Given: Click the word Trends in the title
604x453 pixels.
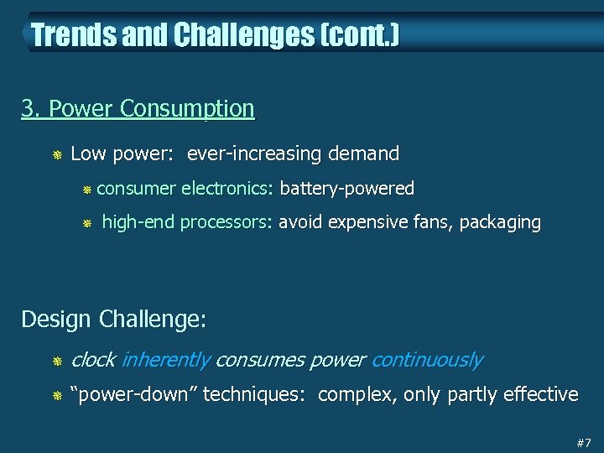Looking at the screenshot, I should pyautogui.click(x=66, y=35).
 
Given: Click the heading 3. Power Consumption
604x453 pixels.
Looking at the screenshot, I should pyautogui.click(x=138, y=109).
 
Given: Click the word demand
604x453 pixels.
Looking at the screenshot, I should pyautogui.click(x=364, y=154).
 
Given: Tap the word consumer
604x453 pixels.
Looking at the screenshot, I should pyautogui.click(x=136, y=188).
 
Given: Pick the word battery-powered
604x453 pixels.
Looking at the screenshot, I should pyautogui.click(x=347, y=188).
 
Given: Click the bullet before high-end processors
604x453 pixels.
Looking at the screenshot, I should pyautogui.click(x=86, y=223).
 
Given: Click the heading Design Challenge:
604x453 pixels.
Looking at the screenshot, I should pyautogui.click(x=113, y=320).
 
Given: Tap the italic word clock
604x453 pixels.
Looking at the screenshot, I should pyautogui.click(x=93, y=360).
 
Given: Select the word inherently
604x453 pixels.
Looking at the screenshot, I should pyautogui.click(x=165, y=360).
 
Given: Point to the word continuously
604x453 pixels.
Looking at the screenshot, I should pyautogui.click(x=426, y=360).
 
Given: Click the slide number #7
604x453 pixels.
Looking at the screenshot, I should pyautogui.click(x=584, y=442).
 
